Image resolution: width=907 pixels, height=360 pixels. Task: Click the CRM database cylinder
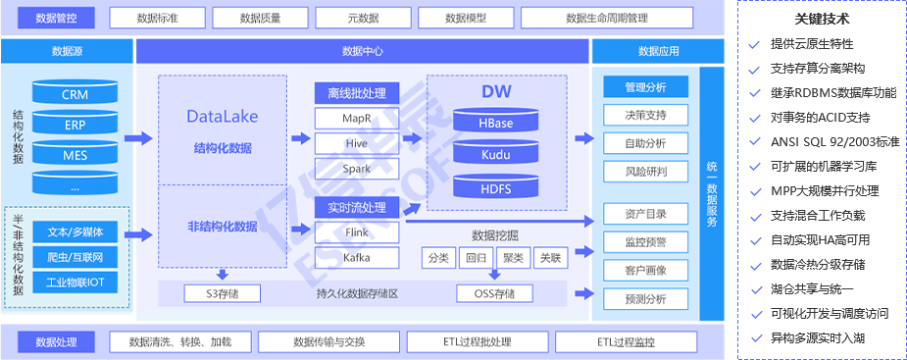[75, 95]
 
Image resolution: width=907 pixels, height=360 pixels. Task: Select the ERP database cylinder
[75, 125]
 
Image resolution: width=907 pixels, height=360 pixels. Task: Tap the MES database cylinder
[75, 154]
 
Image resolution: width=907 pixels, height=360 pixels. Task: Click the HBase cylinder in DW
[495, 124]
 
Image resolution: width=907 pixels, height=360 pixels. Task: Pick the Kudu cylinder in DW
[495, 154]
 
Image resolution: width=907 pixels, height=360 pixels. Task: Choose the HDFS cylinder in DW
[495, 186]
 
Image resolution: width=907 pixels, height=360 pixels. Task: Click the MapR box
[357, 119]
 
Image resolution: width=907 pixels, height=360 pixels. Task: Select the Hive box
[357, 143]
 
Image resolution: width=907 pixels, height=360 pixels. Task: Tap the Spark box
[357, 168]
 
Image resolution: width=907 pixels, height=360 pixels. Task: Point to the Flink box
[357, 233]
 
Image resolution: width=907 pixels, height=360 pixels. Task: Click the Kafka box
[357, 258]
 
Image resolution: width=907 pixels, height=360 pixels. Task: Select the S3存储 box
[224, 293]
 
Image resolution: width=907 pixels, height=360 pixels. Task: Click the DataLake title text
[223, 116]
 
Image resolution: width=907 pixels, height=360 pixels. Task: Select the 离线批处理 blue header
[357, 93]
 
